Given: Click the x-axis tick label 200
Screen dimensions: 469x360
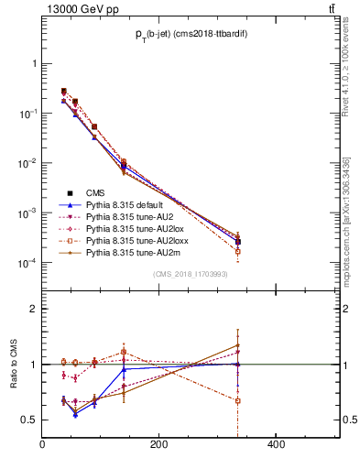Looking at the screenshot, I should tap(158, 444).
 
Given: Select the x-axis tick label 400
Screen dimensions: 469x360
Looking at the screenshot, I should tap(276, 444).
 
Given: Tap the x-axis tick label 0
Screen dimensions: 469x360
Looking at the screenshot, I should tap(42, 444).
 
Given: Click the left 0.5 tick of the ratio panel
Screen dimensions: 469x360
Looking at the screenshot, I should tap(30, 420).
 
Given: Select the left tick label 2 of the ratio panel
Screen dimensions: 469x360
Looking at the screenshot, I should tap(34, 309).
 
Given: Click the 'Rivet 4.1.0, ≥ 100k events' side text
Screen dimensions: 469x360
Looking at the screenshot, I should tap(351, 82).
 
